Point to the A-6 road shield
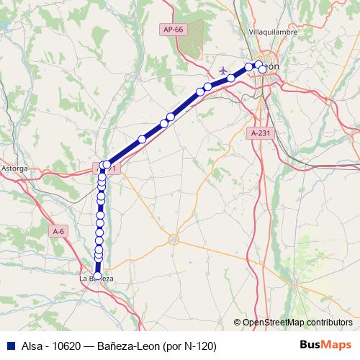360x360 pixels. (59, 231)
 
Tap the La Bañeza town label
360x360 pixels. (96, 278)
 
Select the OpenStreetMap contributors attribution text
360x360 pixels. (297, 322)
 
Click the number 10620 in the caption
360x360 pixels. (62, 345)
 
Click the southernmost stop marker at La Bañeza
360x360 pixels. (98, 276)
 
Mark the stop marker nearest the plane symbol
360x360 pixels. (231, 78)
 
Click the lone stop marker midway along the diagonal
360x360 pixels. (143, 139)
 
